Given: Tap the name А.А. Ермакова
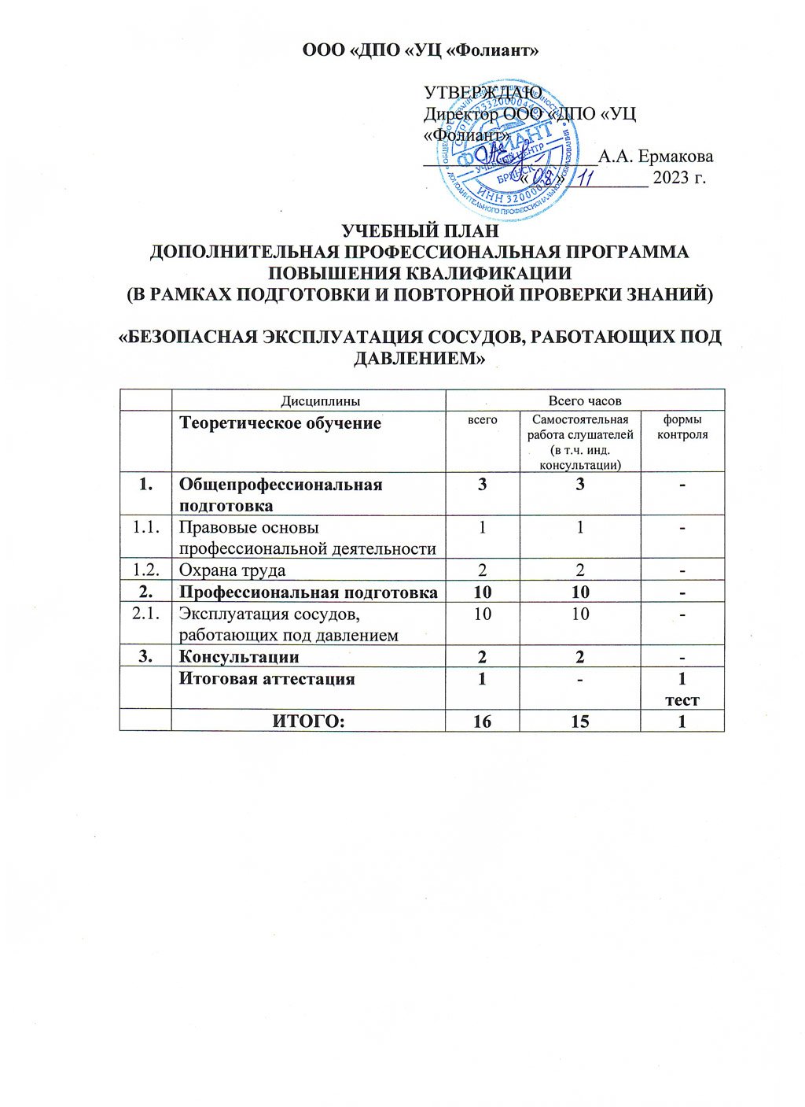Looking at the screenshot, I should [656, 156].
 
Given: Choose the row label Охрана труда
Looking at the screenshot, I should [233, 570].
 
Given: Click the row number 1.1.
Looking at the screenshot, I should [146, 528].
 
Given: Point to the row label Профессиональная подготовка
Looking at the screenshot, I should [308, 592].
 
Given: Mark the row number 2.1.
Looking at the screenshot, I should [146, 614].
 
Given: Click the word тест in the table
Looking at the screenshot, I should [682, 700].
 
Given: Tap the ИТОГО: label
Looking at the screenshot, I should [308, 721].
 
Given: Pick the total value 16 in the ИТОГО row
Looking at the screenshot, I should [482, 721].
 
